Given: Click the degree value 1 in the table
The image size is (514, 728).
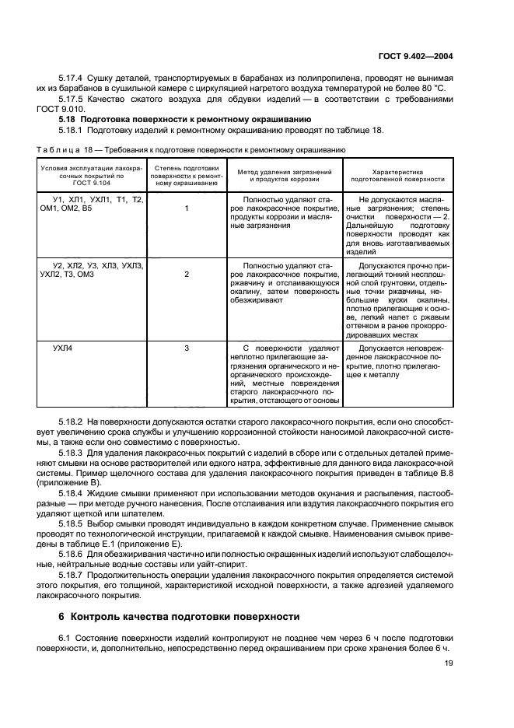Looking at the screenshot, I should pyautogui.click(x=187, y=208).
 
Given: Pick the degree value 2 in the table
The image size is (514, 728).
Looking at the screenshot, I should pyautogui.click(x=187, y=275).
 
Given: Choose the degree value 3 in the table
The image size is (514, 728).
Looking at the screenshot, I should pyautogui.click(x=187, y=348).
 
